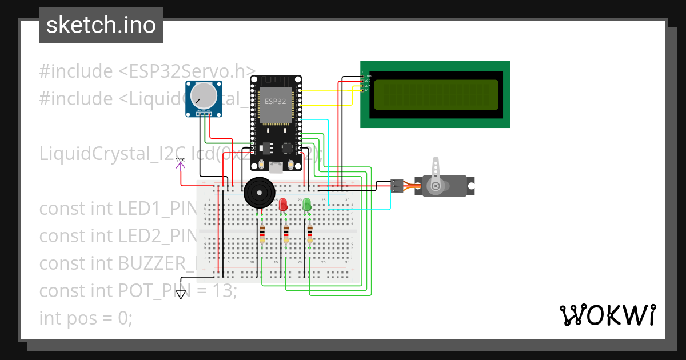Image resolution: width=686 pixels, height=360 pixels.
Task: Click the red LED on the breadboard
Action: click(x=283, y=205)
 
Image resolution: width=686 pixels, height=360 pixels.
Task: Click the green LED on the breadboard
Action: click(x=307, y=204)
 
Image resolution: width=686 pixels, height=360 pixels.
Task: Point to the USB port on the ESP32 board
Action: click(x=276, y=167)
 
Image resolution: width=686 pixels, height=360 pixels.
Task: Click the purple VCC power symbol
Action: click(x=181, y=164)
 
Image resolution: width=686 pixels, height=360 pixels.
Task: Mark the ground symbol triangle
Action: click(x=181, y=295)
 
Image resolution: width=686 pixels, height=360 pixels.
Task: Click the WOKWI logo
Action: click(x=607, y=315)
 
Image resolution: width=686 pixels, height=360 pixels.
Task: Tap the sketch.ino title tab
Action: click(x=101, y=25)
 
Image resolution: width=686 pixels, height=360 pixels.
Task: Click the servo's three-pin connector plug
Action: click(x=396, y=185)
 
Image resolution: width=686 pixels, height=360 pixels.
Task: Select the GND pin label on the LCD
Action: click(x=367, y=76)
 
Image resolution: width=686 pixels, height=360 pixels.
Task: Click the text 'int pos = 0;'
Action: click(x=86, y=318)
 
